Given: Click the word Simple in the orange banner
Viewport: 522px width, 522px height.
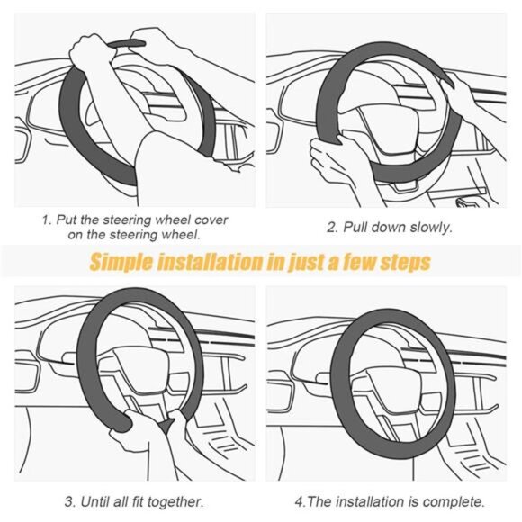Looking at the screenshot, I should tap(122, 262).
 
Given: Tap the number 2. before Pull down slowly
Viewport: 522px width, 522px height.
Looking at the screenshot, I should tap(332, 227).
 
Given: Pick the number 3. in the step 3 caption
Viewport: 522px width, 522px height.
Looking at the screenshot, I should tap(68, 500).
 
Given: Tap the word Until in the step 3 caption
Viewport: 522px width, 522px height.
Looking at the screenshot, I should tap(94, 500).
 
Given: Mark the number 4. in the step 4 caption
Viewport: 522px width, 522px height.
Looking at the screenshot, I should tap(301, 500).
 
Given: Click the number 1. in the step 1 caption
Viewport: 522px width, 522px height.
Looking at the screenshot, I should tap(47, 220).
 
